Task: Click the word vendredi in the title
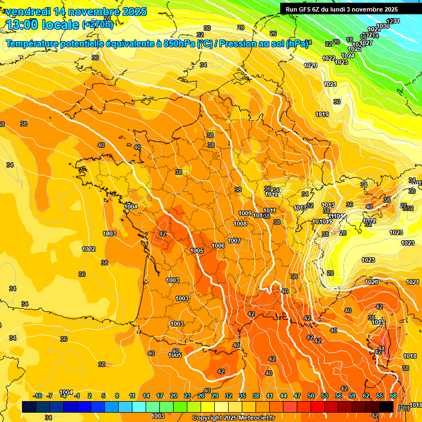[29, 12]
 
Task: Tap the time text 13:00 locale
[41, 24]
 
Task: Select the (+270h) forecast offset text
[98, 25]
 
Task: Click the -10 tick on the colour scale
[37, 396]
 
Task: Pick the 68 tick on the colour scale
[393, 396]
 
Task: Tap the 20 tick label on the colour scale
[174, 396]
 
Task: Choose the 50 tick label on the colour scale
[311, 396]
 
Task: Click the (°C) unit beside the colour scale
[403, 408]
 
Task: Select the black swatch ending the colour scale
[386, 407]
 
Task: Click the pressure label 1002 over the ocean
[88, 249]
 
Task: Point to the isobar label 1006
[218, 246]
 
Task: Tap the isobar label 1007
[234, 241]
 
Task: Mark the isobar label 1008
[240, 224]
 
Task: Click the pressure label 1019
[322, 114]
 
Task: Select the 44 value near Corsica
[381, 348]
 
